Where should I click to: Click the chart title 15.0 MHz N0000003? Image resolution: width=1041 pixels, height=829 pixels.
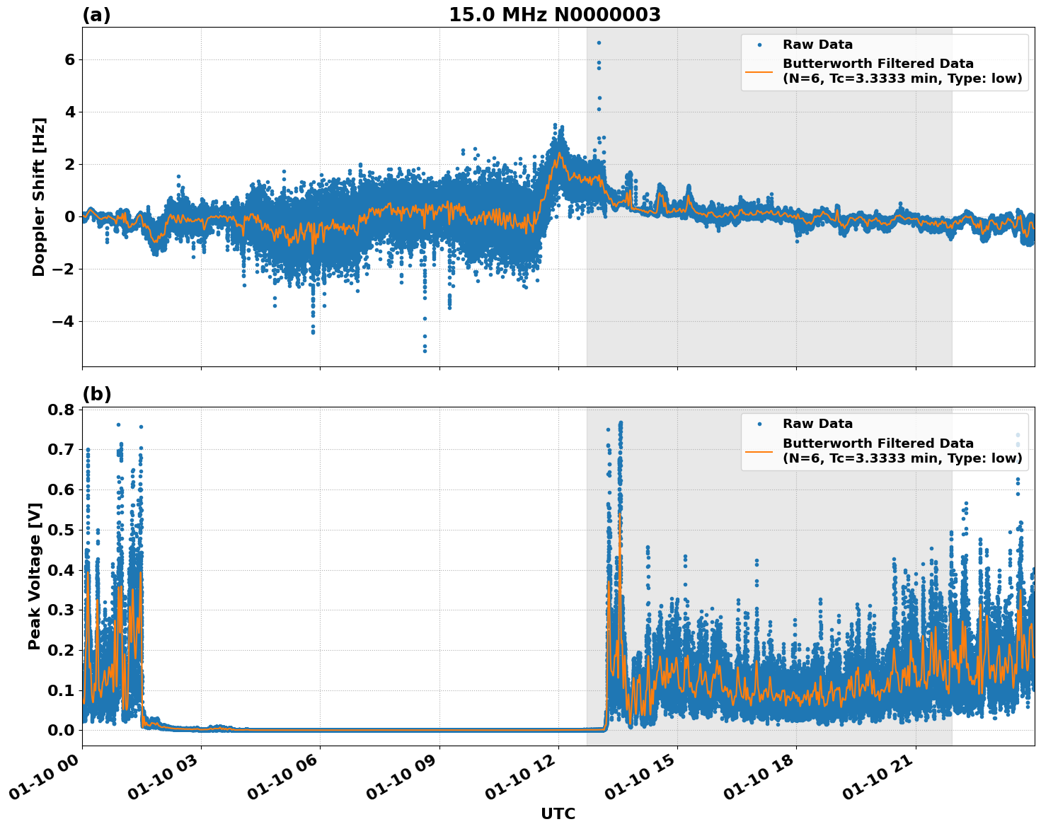point(554,15)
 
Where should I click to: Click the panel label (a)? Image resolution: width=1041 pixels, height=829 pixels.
point(96,15)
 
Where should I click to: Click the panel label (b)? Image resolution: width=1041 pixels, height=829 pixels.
point(96,394)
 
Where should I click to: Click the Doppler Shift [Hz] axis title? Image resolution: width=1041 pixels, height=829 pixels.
point(39,197)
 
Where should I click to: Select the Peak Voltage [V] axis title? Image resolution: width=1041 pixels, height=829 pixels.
point(35,576)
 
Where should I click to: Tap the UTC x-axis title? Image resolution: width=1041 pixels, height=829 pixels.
point(558,813)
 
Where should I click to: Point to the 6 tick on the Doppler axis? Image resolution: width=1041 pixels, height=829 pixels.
point(70,60)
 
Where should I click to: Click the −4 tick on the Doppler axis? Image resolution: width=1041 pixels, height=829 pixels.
point(64,322)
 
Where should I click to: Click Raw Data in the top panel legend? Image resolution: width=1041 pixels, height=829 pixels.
point(817,45)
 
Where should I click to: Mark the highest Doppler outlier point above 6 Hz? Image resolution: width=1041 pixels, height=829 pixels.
point(599,42)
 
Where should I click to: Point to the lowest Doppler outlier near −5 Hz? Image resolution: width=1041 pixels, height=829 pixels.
point(425,351)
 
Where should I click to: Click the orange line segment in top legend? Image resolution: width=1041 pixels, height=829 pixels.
point(759,71)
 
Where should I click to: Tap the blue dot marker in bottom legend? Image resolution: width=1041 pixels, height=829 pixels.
point(759,424)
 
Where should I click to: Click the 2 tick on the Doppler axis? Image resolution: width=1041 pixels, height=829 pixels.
point(70,165)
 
